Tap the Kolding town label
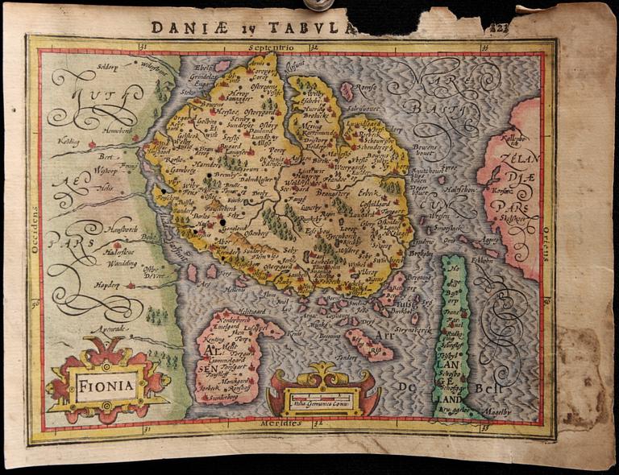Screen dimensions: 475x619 tap(69, 138)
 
